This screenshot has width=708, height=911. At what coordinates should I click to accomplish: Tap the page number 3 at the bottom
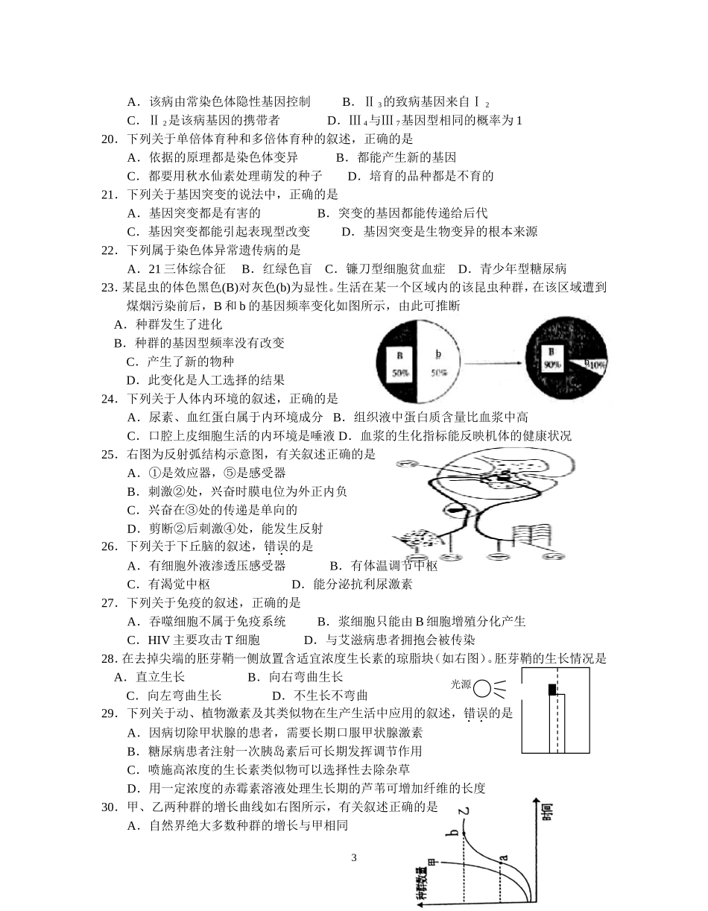point(354,857)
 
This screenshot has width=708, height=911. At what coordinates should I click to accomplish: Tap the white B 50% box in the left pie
point(400,362)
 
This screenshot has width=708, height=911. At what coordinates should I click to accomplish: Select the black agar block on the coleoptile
point(552,690)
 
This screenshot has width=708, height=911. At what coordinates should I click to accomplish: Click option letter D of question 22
point(463,269)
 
